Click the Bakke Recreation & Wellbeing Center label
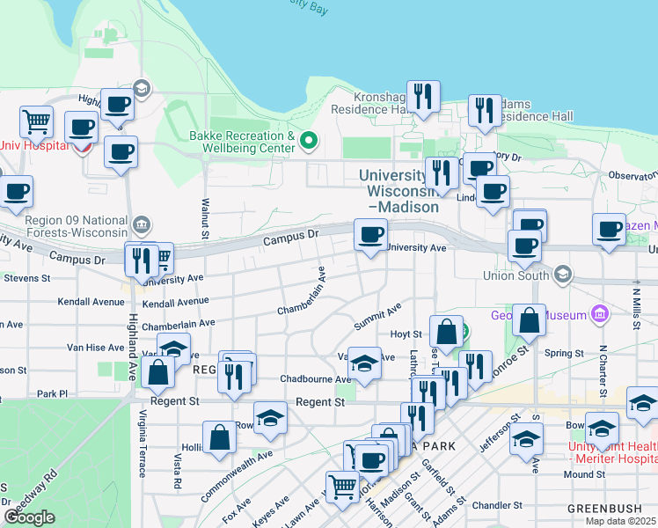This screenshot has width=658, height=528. (x=242, y=142)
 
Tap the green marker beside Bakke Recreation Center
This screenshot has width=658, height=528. (x=309, y=140)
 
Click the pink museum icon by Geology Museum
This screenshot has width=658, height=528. (x=600, y=313)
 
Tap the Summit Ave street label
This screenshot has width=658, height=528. (x=378, y=316)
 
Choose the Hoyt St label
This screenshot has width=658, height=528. (x=406, y=334)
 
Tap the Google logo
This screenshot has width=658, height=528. (x=30, y=517)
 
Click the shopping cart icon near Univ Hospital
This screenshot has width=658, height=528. (x=36, y=120)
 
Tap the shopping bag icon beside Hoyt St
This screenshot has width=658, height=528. (x=446, y=331)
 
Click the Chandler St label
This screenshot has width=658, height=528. (x=497, y=505)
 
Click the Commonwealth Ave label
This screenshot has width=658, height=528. (x=237, y=475)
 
